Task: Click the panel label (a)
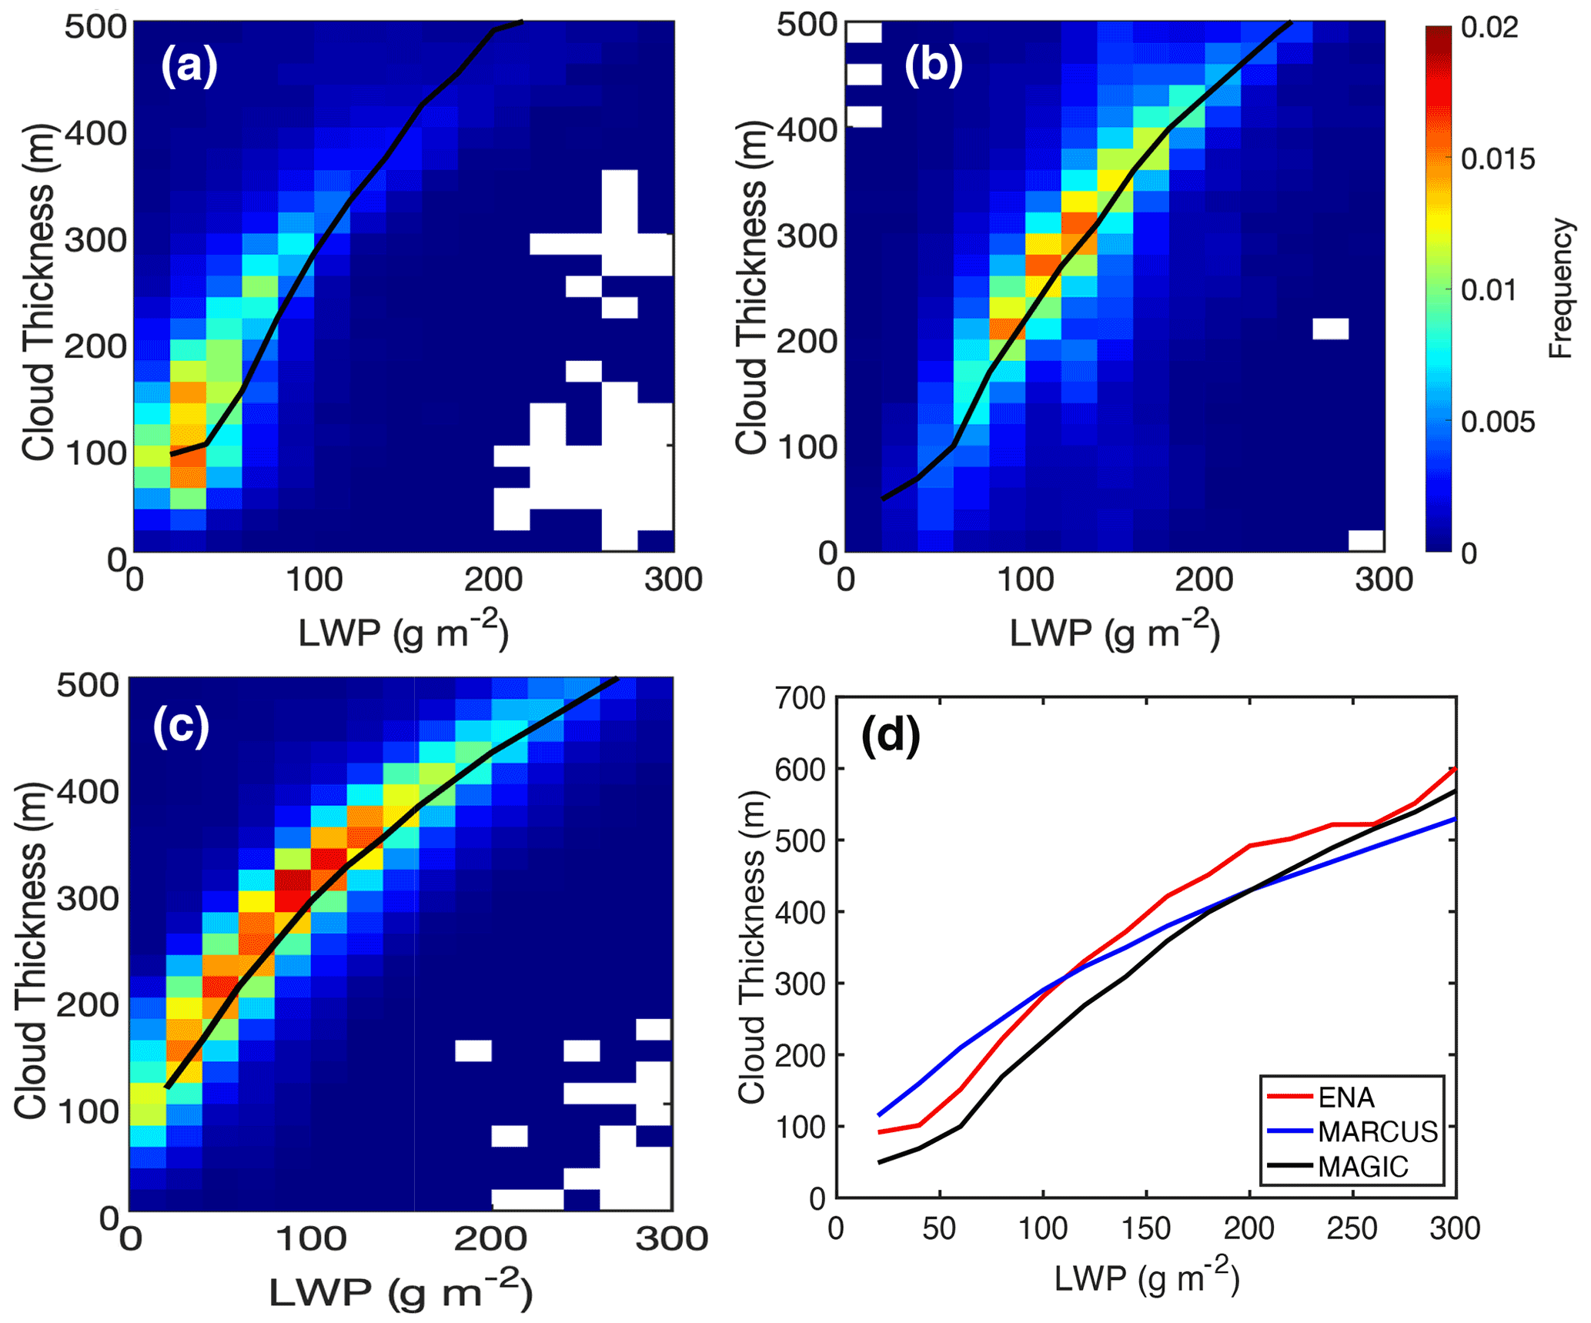(189, 66)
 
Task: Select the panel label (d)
(891, 737)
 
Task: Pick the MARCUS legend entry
(1377, 1131)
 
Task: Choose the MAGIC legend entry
(1362, 1167)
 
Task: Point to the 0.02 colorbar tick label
(1489, 28)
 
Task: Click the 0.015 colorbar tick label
(1498, 159)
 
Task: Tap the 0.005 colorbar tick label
(1498, 422)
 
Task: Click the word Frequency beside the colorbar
(1560, 289)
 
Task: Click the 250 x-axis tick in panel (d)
(1352, 1228)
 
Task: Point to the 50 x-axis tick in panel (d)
(939, 1228)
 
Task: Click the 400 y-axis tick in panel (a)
(95, 133)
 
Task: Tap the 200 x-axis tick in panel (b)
(1204, 580)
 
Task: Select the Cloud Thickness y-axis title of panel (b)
(751, 287)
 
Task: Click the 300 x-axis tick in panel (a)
(674, 580)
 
